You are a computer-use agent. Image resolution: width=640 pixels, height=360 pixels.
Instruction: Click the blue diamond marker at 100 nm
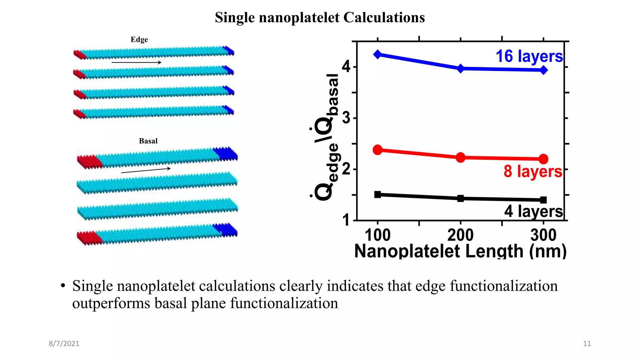(x=377, y=54)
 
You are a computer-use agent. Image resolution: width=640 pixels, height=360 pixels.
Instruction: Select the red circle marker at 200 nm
(x=460, y=157)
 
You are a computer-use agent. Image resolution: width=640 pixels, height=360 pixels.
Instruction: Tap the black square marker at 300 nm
(x=543, y=200)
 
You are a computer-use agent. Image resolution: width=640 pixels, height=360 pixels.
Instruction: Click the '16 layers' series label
(x=529, y=57)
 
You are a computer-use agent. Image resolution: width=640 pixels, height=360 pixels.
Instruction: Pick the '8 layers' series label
(x=533, y=172)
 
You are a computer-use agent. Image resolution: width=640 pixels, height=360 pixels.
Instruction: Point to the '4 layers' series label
(x=533, y=211)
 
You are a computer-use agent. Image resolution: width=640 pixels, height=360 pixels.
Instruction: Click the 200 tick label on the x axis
(x=460, y=235)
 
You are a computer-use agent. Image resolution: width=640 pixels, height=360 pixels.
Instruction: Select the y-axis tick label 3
(x=346, y=118)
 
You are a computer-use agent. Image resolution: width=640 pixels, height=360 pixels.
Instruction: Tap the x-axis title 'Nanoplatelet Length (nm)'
(x=460, y=251)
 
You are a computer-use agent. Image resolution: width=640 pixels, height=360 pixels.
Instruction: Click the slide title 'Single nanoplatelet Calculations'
(x=320, y=17)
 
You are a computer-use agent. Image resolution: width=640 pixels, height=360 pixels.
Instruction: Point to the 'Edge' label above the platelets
(x=139, y=40)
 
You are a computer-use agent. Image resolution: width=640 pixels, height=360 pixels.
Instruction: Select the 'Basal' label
(x=148, y=141)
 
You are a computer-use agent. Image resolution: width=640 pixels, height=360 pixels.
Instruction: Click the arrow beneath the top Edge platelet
(x=137, y=62)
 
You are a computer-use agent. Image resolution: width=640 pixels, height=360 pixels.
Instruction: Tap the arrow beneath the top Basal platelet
(x=146, y=170)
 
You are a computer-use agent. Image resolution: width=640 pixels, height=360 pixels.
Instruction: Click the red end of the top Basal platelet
(x=89, y=162)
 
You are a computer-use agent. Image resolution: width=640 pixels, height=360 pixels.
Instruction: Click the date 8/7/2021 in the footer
(x=64, y=343)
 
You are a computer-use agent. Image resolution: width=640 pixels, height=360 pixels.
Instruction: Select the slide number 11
(x=587, y=343)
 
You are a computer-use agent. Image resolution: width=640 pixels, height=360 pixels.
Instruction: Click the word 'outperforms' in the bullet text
(x=111, y=303)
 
